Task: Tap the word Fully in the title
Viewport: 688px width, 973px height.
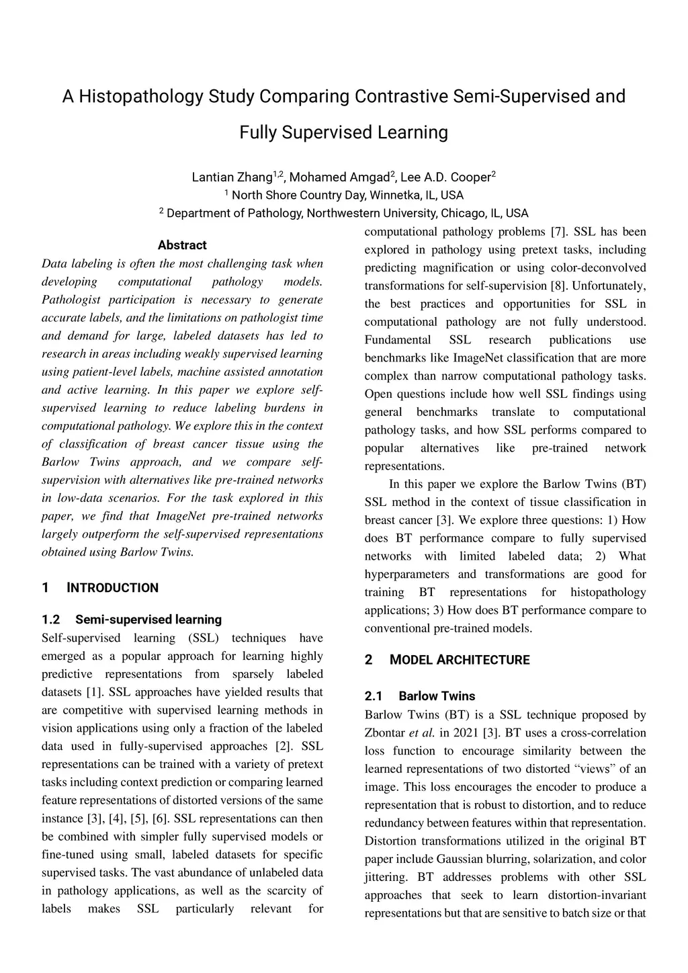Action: pos(257,132)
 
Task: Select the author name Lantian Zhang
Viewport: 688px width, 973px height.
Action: pos(232,177)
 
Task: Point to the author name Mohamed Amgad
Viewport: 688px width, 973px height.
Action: pos(339,177)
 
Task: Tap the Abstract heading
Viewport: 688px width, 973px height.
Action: pos(182,245)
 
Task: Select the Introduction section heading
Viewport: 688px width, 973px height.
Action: pos(113,588)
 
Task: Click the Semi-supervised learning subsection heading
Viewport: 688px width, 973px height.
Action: pos(148,620)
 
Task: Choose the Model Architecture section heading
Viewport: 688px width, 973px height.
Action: pos(460,660)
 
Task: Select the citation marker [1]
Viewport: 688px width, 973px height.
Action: pos(94,692)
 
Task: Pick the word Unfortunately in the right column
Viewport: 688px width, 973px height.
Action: pos(609,286)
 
